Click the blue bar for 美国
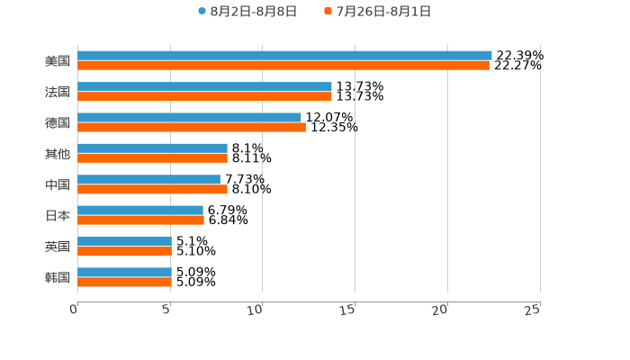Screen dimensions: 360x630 click(x=284, y=56)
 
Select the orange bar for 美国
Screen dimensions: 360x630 click(x=283, y=66)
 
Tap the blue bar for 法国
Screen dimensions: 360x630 click(x=204, y=87)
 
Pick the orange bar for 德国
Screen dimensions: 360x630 click(x=192, y=128)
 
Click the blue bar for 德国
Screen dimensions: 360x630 click(x=189, y=118)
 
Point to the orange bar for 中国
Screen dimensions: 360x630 click(x=152, y=190)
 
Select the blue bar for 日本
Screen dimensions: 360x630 click(x=140, y=211)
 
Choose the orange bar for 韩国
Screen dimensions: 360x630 click(x=124, y=282)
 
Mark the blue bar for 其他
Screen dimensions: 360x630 click(x=152, y=148)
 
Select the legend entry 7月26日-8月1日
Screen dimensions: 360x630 click(x=383, y=12)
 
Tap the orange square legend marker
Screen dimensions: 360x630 click(x=329, y=12)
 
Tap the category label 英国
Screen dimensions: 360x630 click(x=58, y=247)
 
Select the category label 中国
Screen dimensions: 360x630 click(x=58, y=184)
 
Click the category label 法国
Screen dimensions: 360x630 click(x=58, y=92)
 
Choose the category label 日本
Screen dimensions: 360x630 click(x=58, y=216)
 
